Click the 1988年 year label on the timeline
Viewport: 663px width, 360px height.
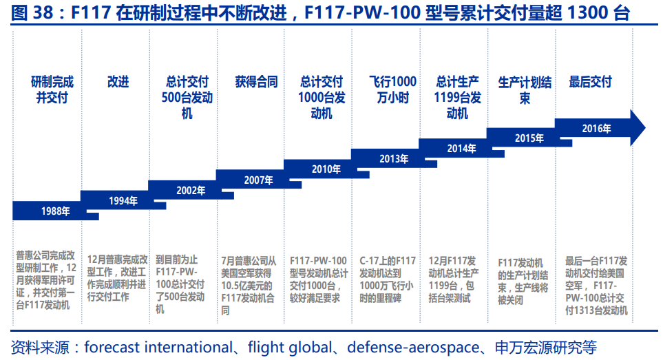(x=55, y=211)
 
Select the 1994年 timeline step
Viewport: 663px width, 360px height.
(x=123, y=200)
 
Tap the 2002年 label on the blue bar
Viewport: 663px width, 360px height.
(x=191, y=190)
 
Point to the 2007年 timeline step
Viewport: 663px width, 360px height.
(x=258, y=180)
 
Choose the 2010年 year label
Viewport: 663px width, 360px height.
(x=326, y=169)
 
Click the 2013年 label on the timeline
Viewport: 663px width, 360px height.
(x=394, y=159)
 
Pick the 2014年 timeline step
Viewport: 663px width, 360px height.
(x=461, y=148)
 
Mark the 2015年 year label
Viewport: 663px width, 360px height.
(x=529, y=138)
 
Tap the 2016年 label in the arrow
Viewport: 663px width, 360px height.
(x=596, y=128)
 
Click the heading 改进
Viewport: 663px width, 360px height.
(x=118, y=82)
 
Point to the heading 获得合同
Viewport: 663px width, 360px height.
(x=256, y=82)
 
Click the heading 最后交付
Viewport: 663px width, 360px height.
(x=590, y=82)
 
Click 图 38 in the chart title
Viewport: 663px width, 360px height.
(x=25, y=14)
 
